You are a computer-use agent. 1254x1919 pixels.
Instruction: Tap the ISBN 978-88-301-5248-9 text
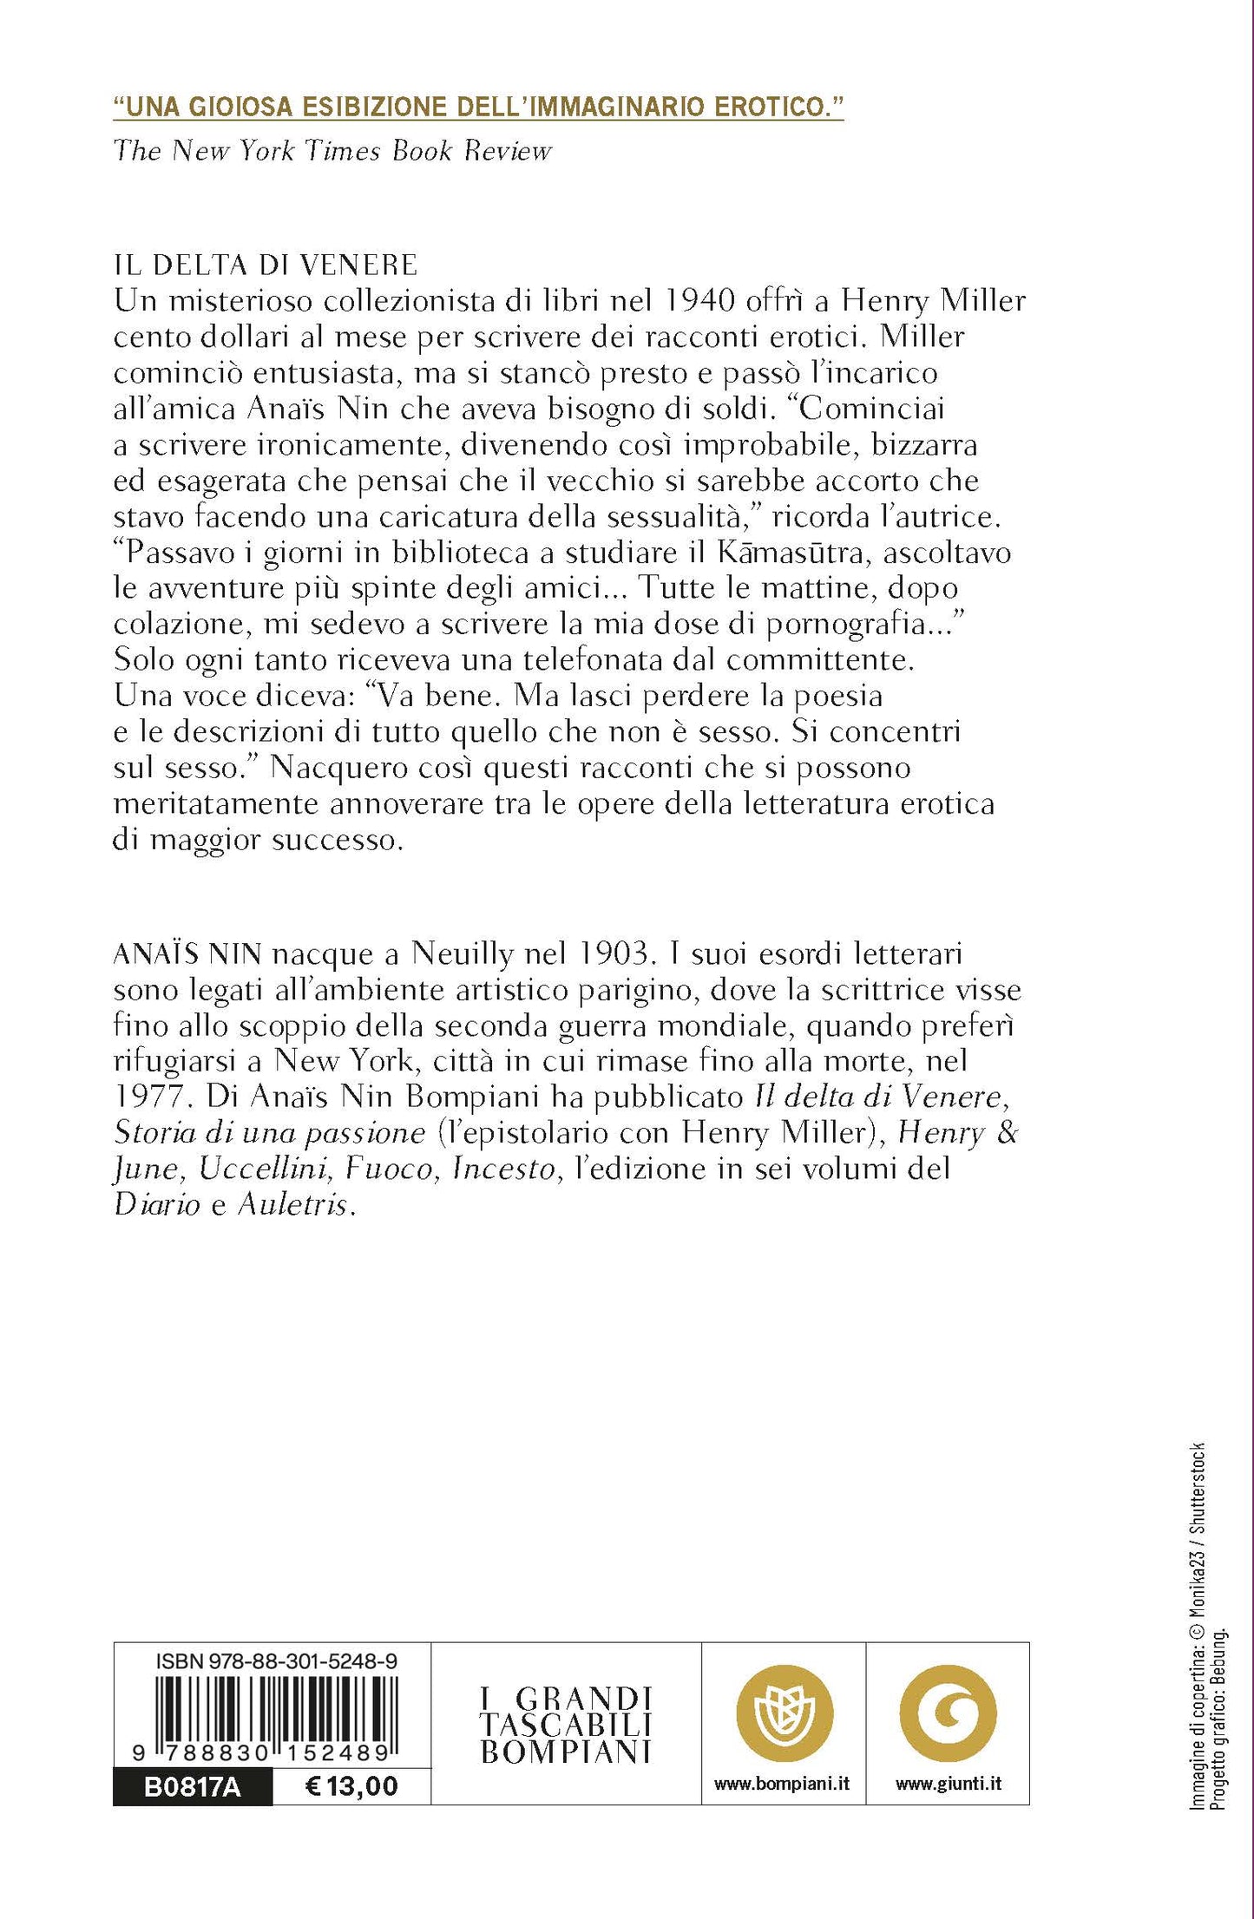(x=277, y=1661)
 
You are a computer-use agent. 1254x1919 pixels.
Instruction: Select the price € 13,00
(x=351, y=1785)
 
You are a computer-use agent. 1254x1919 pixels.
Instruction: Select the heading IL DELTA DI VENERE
(x=266, y=265)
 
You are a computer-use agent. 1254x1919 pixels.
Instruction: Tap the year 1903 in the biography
(x=611, y=953)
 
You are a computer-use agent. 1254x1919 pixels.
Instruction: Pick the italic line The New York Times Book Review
(x=332, y=151)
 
